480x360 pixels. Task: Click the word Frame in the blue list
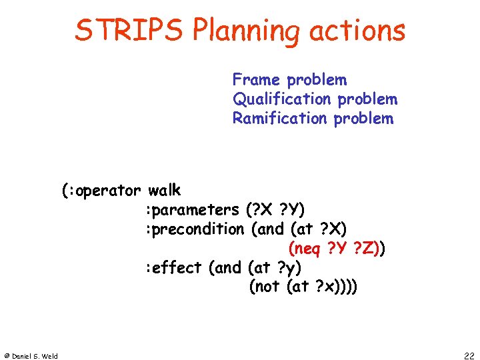coord(257,80)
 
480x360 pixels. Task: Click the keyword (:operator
coord(102,191)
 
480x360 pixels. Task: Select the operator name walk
coord(165,191)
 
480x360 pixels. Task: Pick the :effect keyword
coord(174,268)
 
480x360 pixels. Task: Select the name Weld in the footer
coord(49,355)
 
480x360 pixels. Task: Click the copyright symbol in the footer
coord(7,355)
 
